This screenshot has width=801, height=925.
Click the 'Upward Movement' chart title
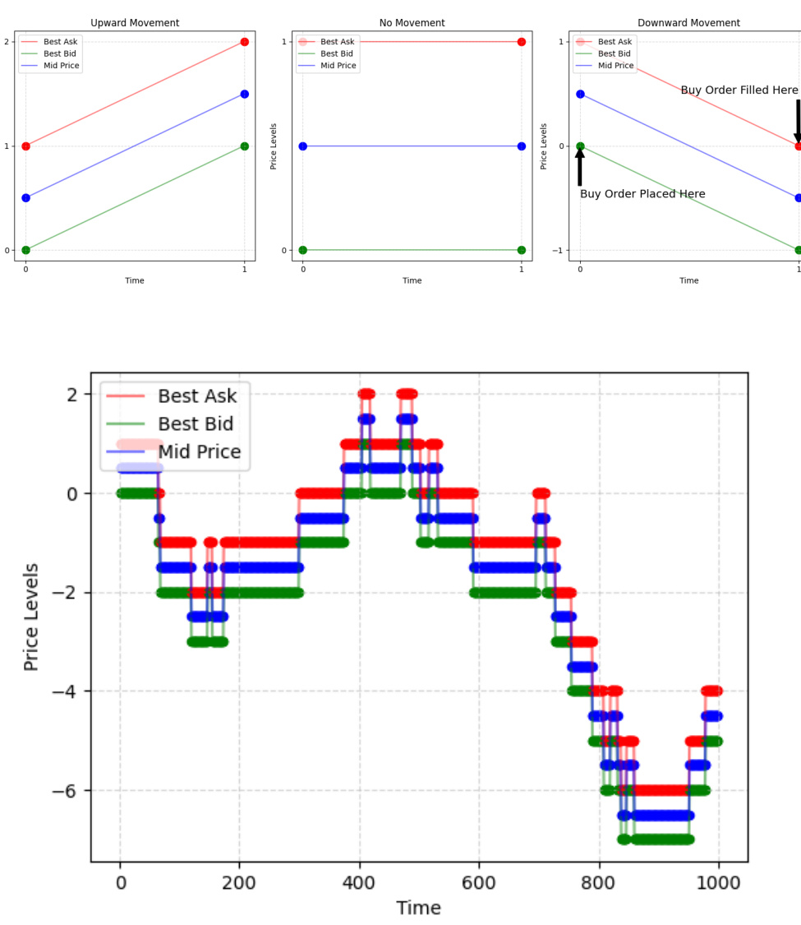point(135,23)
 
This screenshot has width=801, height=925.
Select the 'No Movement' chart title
point(412,23)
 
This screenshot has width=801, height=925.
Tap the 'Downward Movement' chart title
point(688,23)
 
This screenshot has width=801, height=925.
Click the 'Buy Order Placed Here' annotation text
point(642,194)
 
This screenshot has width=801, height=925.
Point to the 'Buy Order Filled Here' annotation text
point(739,90)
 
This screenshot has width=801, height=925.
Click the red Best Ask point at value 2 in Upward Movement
point(244,42)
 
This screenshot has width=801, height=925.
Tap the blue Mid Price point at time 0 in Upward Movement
point(25,198)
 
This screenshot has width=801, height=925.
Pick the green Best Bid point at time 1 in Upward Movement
point(244,146)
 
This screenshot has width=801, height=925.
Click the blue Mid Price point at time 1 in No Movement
point(522,146)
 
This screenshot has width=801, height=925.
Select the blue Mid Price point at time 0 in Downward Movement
point(580,94)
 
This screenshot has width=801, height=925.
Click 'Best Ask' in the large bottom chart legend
point(197,396)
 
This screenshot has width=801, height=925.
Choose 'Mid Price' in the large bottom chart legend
point(200,451)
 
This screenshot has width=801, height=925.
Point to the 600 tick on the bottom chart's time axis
point(479,883)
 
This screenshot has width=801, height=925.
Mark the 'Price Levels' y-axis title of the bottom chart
point(32,617)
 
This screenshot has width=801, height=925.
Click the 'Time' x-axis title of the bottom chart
point(418,908)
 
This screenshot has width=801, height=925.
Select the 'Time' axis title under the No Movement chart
point(412,280)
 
